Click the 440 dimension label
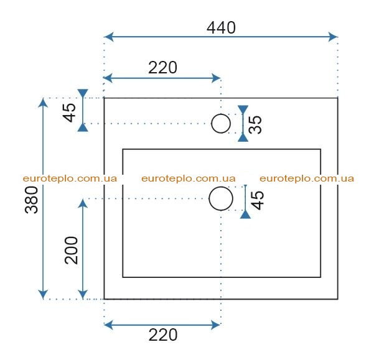[221, 27]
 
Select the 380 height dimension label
[32, 200]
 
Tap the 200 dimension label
[72, 250]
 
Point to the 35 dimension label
[255, 124]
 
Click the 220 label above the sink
[162, 68]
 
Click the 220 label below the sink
[163, 335]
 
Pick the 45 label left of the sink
[69, 113]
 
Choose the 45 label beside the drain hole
[258, 200]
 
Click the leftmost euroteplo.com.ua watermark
[70, 178]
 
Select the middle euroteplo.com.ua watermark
[189, 178]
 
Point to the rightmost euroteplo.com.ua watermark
[307, 178]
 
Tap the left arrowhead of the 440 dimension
[109, 37]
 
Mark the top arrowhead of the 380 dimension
[43, 103]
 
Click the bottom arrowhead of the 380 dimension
[43, 294]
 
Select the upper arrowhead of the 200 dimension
[83, 204]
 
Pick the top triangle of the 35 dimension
[243, 109]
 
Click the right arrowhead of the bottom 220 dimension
[215, 325]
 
